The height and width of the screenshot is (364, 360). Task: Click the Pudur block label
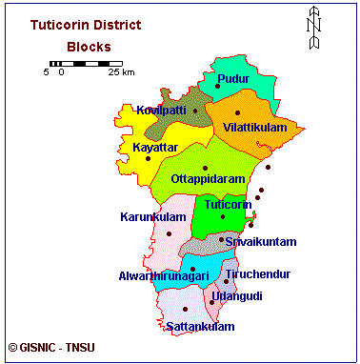pyautogui.click(x=233, y=77)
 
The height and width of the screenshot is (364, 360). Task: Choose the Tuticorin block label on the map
pyautogui.click(x=228, y=204)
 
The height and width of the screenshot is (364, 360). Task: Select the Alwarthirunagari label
pyautogui.click(x=165, y=275)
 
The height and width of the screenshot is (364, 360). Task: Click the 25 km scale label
pyautogui.click(x=120, y=72)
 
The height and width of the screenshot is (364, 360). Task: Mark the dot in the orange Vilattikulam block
pyautogui.click(x=237, y=113)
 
